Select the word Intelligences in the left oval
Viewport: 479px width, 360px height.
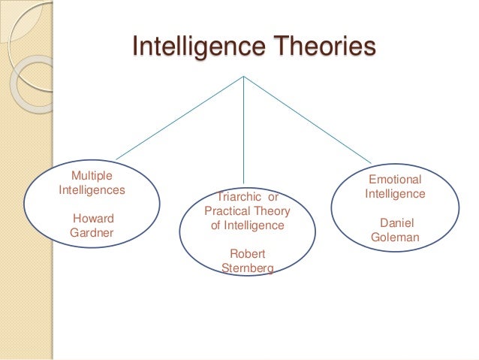coord(92,189)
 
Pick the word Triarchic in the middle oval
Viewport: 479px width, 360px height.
coord(237,197)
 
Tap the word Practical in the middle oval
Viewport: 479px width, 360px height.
coord(227,211)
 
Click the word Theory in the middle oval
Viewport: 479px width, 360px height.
coord(270,211)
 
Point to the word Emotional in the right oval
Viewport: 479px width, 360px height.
coord(395,180)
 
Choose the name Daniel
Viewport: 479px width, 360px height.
coord(397,223)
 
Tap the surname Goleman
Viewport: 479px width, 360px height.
coord(396,238)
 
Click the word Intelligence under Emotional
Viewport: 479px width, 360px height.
coord(395,194)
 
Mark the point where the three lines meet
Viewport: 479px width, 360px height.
coord(243,76)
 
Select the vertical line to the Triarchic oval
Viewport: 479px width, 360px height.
coord(243,128)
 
